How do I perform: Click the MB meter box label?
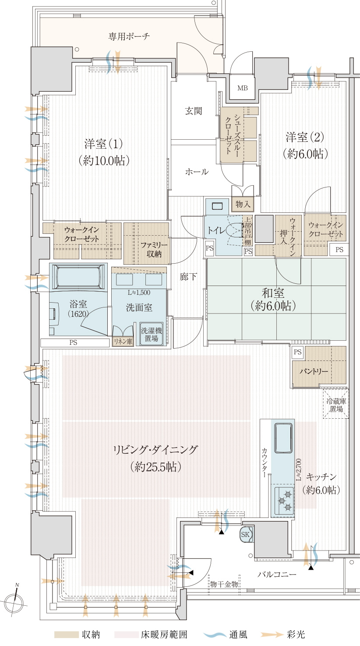click(243, 88)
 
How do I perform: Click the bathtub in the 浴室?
click(78, 276)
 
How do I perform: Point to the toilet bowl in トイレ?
click(234, 230)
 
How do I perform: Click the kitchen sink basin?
click(283, 437)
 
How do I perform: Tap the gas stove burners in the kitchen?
click(284, 501)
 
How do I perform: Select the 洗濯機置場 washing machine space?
click(152, 334)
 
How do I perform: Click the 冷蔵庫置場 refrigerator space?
click(336, 404)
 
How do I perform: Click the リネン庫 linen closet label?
click(123, 342)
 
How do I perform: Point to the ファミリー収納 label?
click(154, 250)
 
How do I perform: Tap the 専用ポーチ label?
click(129, 36)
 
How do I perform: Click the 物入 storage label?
click(243, 204)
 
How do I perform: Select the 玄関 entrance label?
click(193, 111)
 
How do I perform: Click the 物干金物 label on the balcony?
click(224, 584)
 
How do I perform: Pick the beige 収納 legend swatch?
click(66, 635)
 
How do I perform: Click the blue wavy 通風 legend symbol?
click(215, 635)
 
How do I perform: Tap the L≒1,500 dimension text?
click(139, 293)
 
